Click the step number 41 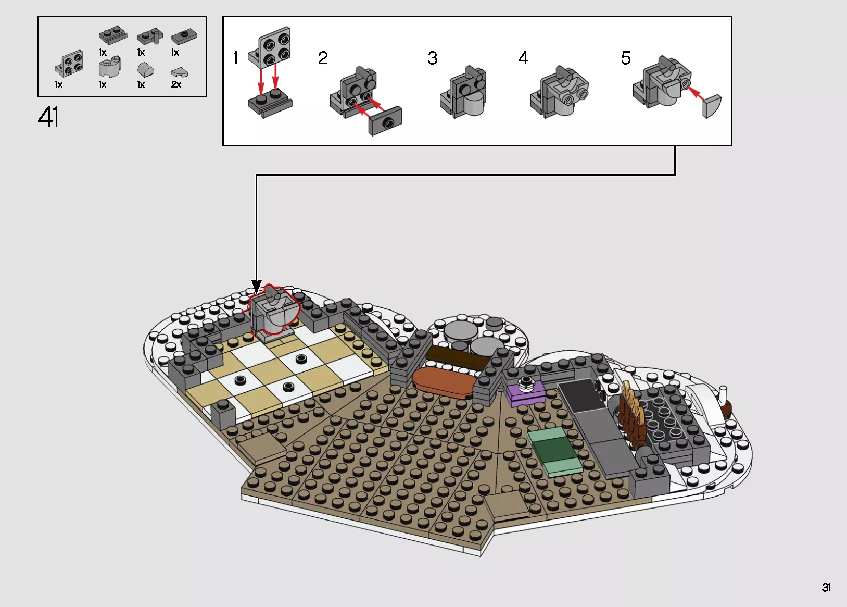click(48, 117)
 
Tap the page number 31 click(826, 587)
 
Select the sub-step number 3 click(432, 58)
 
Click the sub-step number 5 click(625, 58)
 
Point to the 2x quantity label click(176, 84)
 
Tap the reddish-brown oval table click(445, 382)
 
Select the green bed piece click(555, 451)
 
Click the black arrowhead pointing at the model click(256, 286)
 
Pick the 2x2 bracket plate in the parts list click(70, 64)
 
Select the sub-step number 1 click(236, 58)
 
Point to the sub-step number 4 click(523, 58)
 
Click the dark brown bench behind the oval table click(456, 358)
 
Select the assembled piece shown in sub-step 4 click(559, 92)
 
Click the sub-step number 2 click(323, 58)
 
